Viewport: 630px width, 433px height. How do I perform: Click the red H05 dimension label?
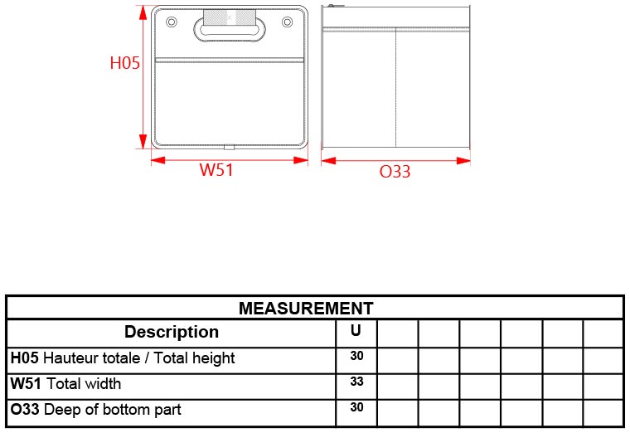125,63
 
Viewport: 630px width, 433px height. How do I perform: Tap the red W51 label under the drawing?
216,169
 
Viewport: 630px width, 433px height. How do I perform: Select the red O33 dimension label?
395,172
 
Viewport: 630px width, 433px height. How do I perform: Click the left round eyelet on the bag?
171,22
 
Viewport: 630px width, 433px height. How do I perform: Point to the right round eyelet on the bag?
288,22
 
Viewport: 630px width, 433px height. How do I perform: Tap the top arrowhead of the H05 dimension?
143,12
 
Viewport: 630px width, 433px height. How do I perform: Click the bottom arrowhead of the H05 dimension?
143,142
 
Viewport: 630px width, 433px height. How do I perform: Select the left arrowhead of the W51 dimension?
158,160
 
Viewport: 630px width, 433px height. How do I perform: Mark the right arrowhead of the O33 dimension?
463,161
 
